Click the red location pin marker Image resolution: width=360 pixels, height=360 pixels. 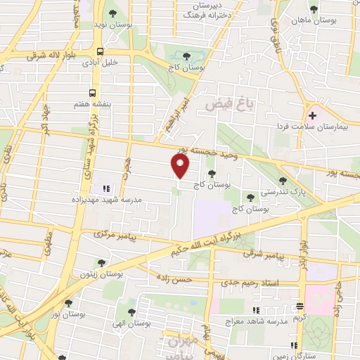(181, 166)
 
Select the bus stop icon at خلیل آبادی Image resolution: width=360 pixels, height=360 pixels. (101, 51)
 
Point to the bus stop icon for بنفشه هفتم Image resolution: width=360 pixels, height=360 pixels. (93, 92)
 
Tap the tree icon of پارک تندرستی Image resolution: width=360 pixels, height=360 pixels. (283, 181)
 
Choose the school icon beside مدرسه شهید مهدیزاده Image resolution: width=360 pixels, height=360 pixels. (105, 188)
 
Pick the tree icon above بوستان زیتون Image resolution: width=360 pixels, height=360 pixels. (101, 263)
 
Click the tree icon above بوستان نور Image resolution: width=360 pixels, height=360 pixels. (68, 304)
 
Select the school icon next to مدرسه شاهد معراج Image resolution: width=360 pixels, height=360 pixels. (257, 309)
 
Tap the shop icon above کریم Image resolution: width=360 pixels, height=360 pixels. (300, 306)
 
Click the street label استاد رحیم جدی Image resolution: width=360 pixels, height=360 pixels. (272, 282)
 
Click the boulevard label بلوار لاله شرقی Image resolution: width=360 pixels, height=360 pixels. (49, 53)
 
